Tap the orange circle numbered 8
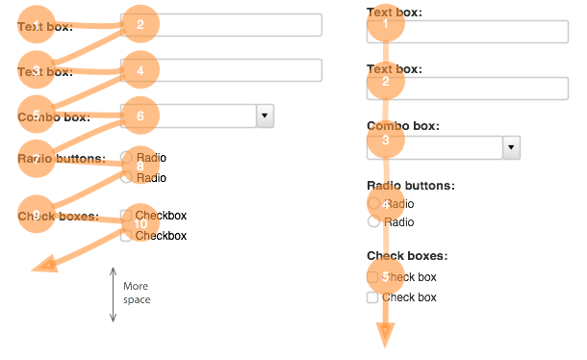(140, 166)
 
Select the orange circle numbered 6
(140, 116)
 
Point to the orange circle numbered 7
(37, 159)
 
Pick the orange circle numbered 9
(37, 216)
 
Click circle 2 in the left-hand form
(140, 25)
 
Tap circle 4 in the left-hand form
(140, 70)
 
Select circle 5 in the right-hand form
(385, 276)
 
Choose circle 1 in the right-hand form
(385, 25)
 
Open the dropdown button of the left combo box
(265, 116)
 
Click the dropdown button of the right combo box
(512, 147)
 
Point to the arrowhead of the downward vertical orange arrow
(385, 336)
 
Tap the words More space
(137, 293)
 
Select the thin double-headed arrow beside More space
(113, 294)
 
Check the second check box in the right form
(372, 298)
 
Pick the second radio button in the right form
(372, 222)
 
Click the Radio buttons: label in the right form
(410, 185)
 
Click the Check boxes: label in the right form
(406, 256)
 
